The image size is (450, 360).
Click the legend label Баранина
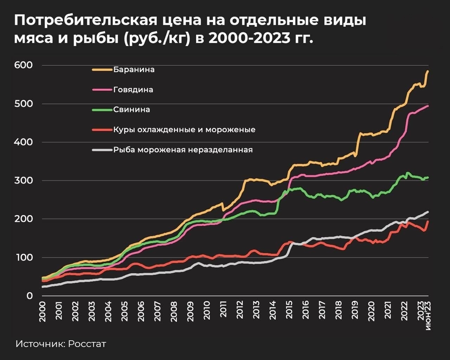pos(134,69)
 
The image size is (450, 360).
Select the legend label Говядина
pos(133,89)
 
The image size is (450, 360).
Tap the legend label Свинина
pos(131,109)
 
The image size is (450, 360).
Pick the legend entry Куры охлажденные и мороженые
pos(184,129)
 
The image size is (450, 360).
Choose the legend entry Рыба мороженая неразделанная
pos(183,150)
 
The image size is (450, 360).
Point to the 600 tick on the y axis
pos(23,65)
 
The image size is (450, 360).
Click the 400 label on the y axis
pos(23,142)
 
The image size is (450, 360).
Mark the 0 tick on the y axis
pos(30,296)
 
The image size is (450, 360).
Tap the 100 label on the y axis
pos(23,257)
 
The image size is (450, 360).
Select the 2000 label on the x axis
pos(42,311)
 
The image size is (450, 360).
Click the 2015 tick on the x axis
pos(289,311)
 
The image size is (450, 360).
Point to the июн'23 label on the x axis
pos(428,316)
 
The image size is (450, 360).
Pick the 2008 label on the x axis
pos(174,311)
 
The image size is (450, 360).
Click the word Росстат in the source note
pos(87,343)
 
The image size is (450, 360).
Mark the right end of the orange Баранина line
pos(428,71)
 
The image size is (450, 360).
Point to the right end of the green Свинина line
pos(428,178)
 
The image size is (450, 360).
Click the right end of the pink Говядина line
pos(428,105)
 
